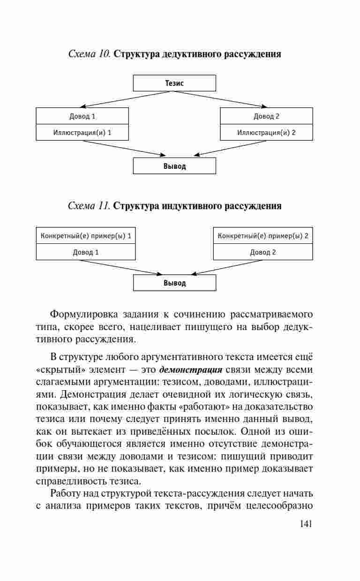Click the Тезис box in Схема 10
click(174, 83)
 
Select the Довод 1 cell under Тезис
click(82, 116)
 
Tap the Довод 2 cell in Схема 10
click(266, 116)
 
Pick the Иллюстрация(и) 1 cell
click(82, 132)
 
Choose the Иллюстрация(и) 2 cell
click(266, 132)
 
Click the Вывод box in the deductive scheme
click(174, 166)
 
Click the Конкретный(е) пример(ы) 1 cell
click(86, 236)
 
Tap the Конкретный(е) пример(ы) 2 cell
click(262, 236)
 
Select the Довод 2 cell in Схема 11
click(262, 252)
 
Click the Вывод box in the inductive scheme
click(174, 283)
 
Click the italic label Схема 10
click(89, 54)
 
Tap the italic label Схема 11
click(89, 206)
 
